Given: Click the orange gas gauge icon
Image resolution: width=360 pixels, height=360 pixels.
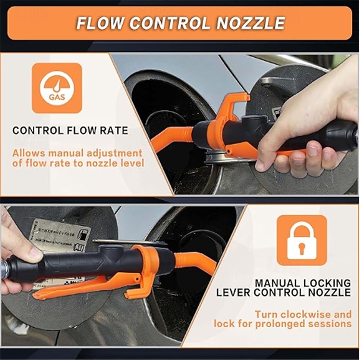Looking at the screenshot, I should (57, 88).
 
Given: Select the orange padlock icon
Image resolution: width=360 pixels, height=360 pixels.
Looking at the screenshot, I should (301, 239).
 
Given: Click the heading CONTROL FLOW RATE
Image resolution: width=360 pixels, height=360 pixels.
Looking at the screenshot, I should (70, 131).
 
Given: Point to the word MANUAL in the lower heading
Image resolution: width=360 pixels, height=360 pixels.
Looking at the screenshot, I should (277, 283).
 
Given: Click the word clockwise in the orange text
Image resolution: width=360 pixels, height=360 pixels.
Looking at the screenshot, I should (311, 314).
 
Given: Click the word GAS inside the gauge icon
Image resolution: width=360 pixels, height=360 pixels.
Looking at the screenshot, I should (57, 97).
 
